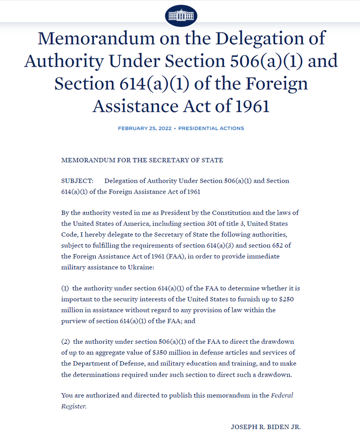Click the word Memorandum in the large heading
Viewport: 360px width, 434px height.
[98, 39]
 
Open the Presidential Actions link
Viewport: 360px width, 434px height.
[211, 128]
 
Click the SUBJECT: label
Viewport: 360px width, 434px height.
[77, 181]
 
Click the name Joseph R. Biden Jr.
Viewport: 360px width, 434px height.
[266, 427]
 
